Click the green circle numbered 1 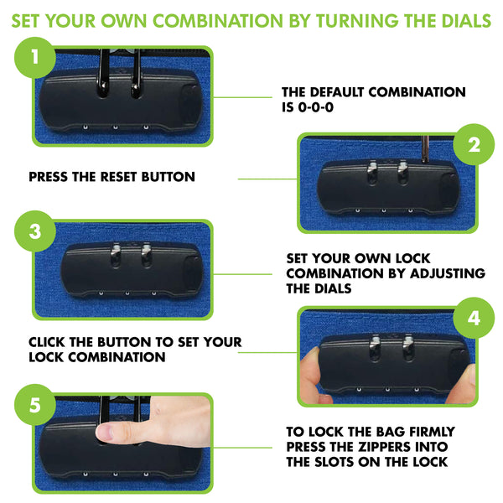(35, 58)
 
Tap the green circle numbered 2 (474, 144)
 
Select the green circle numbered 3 (35, 231)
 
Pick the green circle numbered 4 (474, 318)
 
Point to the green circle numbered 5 (35, 405)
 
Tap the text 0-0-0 (316, 107)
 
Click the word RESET (119, 177)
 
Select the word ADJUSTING (448, 273)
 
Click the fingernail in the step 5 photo (104, 432)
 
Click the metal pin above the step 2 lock (425, 148)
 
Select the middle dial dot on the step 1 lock (116, 127)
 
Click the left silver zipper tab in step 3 (116, 254)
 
